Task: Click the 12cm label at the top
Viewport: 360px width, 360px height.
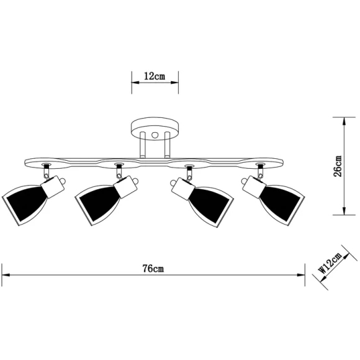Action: pos(154,76)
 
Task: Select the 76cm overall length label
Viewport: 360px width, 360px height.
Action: pos(153,268)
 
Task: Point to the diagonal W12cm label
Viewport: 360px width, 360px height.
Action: pos(330,263)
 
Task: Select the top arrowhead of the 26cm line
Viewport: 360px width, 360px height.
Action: pos(345,120)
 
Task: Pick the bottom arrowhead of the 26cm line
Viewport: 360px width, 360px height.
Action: pos(345,212)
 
